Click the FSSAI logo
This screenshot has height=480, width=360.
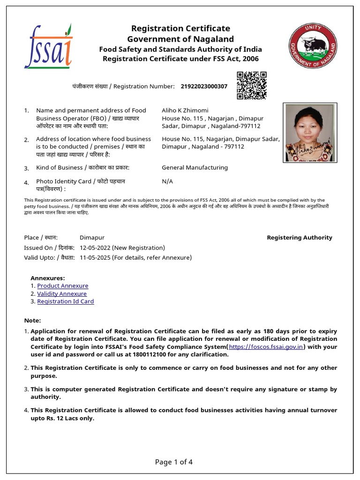point(48,46)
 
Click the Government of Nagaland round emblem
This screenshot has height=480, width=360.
point(312,46)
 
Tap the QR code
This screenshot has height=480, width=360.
point(251,85)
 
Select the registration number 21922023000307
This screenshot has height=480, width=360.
point(204,86)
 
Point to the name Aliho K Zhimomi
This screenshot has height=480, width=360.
point(185,110)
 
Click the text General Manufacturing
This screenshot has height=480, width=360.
point(195,167)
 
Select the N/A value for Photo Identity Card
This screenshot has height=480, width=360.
point(167,181)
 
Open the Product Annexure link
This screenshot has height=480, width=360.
point(62,285)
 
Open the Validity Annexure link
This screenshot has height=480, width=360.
point(62,293)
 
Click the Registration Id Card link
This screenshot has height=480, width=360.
point(65,301)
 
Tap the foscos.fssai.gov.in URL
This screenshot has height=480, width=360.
point(266,347)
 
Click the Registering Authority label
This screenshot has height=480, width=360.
point(299,238)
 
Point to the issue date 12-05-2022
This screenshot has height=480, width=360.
point(96,247)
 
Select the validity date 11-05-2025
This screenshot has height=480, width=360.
point(95,257)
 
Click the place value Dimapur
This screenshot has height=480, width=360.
point(92,238)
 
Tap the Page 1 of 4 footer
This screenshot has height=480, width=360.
point(173,462)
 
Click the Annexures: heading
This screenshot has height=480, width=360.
point(47,278)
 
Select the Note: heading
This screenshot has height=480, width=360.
point(32,320)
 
